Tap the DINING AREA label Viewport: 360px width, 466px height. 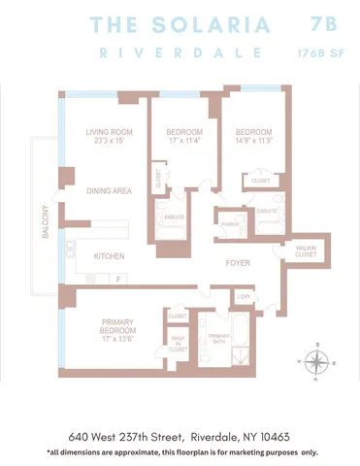pos(108,191)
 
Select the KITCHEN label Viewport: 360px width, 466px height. pos(108,256)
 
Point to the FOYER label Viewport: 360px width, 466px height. pos(239,262)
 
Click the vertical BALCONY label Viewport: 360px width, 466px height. pos(44,223)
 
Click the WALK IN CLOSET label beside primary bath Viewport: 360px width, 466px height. pos(178,341)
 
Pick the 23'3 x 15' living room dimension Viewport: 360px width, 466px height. pos(108,142)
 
